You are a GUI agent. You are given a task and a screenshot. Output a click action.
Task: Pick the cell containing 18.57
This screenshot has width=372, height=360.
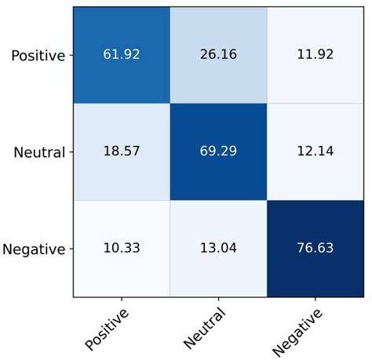(x=122, y=151)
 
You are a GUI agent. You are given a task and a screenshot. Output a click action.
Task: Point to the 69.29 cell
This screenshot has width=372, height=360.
(x=218, y=151)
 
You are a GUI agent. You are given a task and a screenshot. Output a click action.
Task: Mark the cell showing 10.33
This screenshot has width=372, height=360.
(x=122, y=249)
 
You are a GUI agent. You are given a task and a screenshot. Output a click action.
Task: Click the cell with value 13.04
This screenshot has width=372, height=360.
(x=218, y=249)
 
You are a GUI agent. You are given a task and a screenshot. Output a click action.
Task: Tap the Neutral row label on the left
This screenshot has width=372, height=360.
(x=38, y=152)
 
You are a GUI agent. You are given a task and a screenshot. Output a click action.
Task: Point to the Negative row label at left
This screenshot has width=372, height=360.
(x=35, y=249)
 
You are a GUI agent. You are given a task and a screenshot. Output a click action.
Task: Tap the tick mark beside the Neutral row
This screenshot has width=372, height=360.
(x=71, y=151)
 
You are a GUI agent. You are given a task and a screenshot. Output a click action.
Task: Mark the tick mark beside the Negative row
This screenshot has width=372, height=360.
(x=71, y=249)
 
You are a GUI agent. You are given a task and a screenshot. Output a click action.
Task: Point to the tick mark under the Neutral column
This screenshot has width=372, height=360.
(x=218, y=300)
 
